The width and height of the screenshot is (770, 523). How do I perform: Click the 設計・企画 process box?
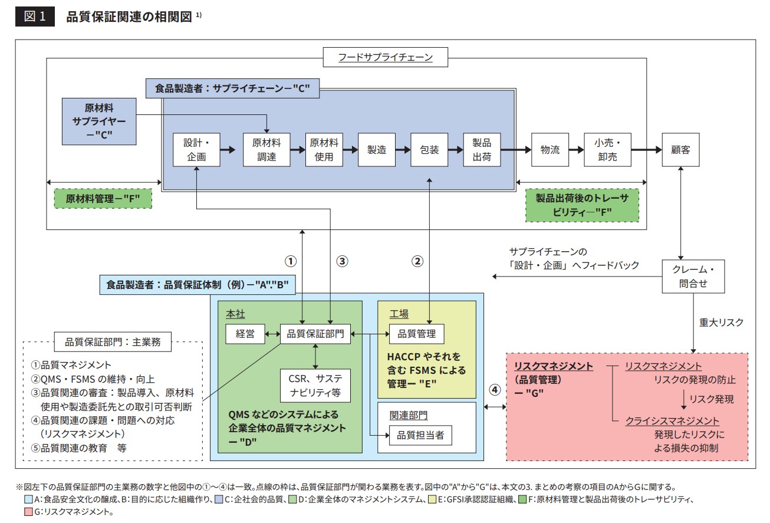tap(196, 150)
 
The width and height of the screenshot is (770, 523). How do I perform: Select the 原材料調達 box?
tap(266, 150)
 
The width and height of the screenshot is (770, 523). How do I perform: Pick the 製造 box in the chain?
tap(377, 150)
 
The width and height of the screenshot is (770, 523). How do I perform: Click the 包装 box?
tap(429, 150)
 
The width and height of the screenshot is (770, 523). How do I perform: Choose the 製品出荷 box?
tap(481, 150)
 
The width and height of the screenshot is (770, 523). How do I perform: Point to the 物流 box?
tap(550, 150)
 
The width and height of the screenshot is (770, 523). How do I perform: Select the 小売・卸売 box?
tap(607, 150)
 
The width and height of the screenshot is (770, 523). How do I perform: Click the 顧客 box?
tap(681, 150)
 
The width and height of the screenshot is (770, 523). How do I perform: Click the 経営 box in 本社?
tap(245, 334)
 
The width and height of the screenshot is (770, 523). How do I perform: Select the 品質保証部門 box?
tap(315, 334)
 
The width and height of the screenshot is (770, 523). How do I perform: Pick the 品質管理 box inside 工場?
tap(416, 334)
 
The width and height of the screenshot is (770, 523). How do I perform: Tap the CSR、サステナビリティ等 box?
tap(316, 385)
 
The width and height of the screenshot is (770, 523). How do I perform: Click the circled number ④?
tap(495, 390)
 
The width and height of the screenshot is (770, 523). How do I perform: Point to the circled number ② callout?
tap(417, 260)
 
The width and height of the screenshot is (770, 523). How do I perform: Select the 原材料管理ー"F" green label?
tap(103, 199)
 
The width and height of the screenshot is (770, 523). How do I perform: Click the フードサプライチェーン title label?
tap(386, 57)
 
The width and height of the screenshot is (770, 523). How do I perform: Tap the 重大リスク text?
tap(721, 323)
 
